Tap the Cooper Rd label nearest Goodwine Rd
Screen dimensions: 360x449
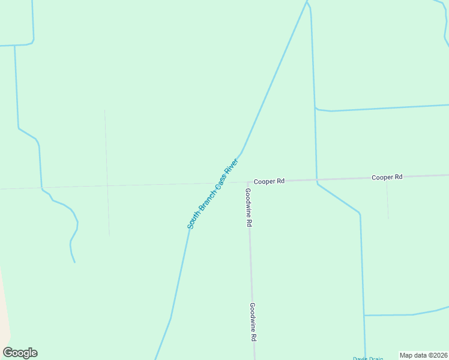(268, 181)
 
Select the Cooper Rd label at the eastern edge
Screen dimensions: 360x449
(387, 177)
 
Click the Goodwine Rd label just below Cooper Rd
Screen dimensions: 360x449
(248, 207)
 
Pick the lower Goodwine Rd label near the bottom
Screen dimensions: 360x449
(253, 322)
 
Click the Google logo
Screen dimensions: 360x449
(20, 353)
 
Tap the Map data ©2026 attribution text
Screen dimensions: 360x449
(424, 355)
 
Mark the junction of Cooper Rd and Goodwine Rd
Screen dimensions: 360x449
(248, 182)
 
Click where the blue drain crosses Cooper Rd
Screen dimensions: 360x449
(316, 179)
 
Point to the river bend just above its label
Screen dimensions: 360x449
(241, 152)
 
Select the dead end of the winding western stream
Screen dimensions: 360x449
(74, 262)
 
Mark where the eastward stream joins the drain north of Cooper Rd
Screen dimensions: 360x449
(316, 109)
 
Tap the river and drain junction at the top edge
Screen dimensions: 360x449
(307, 3)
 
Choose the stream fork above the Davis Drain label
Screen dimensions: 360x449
(364, 315)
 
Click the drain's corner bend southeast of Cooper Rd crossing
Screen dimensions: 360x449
(360, 214)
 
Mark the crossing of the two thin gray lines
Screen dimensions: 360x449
(107, 186)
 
